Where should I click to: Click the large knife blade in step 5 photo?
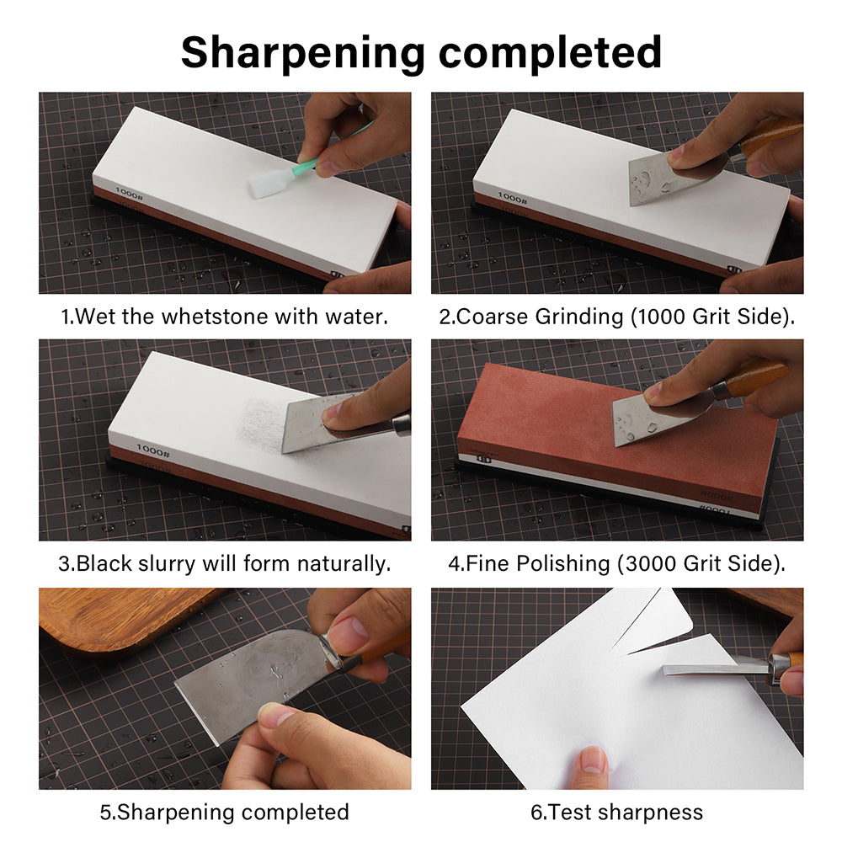point(244,682)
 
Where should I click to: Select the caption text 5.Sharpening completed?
point(224,812)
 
